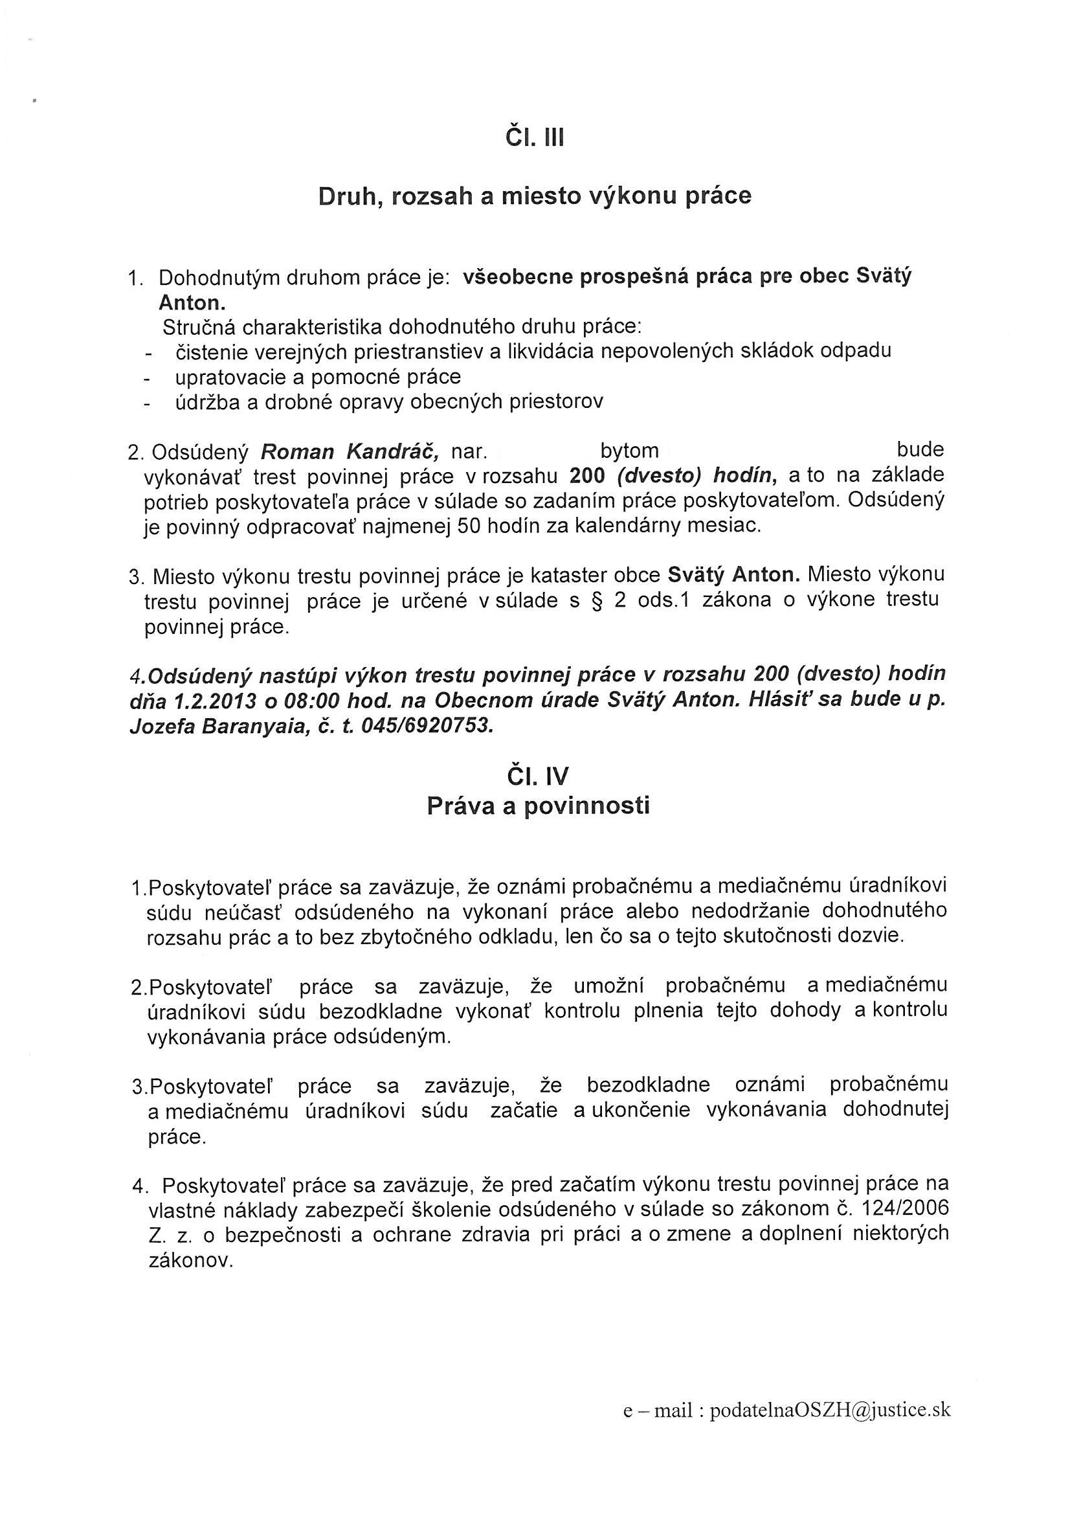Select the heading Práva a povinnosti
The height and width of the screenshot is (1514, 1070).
tap(538, 806)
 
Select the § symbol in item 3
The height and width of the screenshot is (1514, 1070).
tap(597, 602)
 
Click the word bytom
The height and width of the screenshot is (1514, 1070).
tap(630, 451)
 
